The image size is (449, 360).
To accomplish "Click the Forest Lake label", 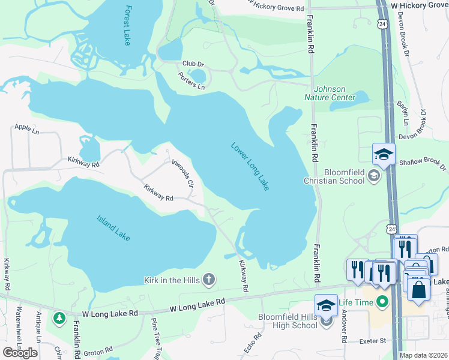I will (127, 26).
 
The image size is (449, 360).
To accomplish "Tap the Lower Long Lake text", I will (250, 167).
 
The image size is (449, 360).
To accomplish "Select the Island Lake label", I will (113, 228).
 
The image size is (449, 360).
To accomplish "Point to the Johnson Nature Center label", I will (326, 93).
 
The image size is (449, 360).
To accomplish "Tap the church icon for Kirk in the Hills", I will (209, 279).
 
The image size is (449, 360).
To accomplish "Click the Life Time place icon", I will (379, 301).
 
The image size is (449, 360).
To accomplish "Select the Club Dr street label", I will (193, 63).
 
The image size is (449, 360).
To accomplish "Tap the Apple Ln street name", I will (26, 128).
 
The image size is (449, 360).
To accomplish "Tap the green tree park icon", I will (59, 317).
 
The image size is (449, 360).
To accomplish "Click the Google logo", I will (20, 353).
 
